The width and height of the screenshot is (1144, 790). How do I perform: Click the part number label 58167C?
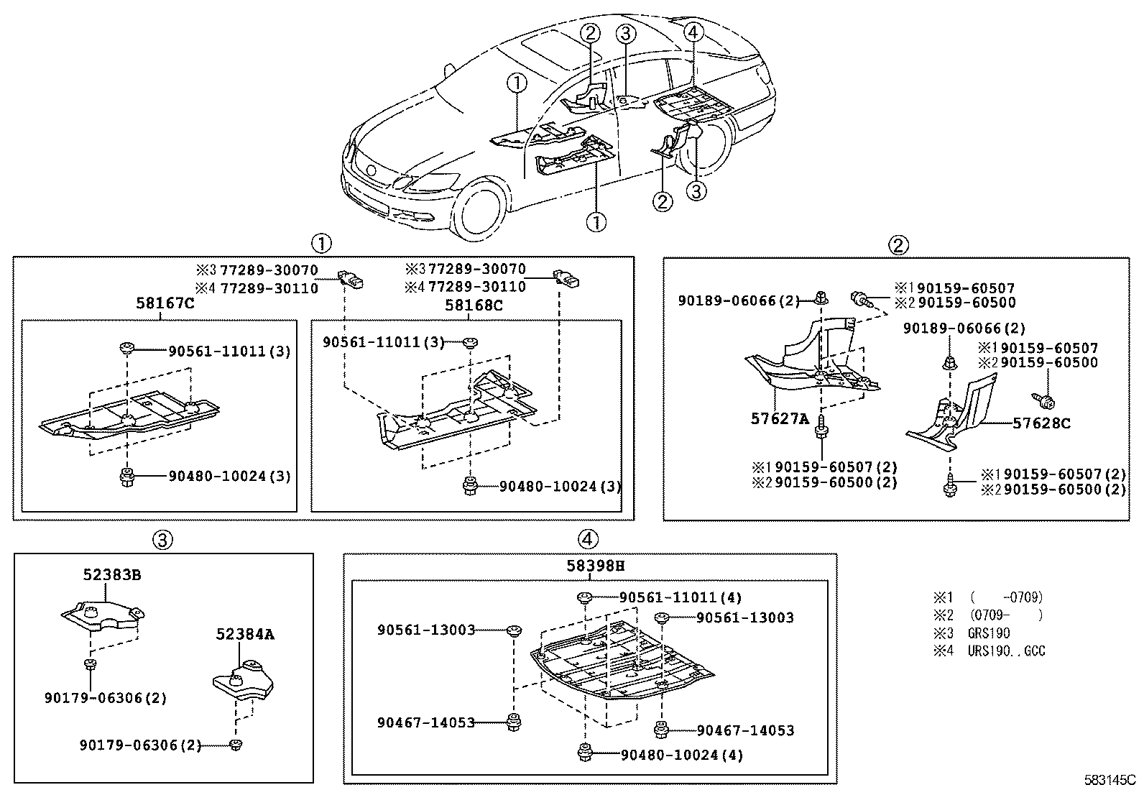[165, 304]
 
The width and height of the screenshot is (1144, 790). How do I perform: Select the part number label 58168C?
[474, 305]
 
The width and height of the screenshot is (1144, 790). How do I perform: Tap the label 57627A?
[780, 418]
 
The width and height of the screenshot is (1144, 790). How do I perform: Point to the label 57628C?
[1041, 423]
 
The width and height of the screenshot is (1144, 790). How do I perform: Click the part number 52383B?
[111, 575]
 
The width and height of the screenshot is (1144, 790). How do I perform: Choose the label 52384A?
[245, 635]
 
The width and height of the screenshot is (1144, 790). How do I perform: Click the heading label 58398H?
[595, 566]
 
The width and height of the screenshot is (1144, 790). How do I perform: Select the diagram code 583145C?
[1110, 779]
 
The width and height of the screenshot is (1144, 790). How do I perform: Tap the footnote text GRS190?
[988, 633]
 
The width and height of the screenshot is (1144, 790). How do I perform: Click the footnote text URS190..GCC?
[1006, 651]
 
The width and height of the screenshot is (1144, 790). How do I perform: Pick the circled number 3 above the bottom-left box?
[163, 539]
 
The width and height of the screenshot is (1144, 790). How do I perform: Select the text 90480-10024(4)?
[681, 755]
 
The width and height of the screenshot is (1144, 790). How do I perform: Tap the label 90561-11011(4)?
[681, 597]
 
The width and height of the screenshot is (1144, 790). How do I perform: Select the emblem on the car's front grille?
[371, 171]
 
